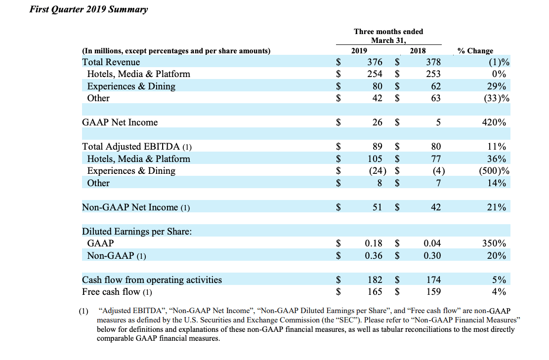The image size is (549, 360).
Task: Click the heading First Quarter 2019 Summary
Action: (x=88, y=9)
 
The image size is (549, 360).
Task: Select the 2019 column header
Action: (x=359, y=51)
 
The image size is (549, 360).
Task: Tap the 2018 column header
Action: (x=418, y=51)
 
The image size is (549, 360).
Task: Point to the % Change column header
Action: (x=475, y=51)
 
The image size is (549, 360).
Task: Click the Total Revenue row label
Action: (x=111, y=62)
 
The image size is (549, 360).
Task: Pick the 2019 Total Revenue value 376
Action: (x=375, y=62)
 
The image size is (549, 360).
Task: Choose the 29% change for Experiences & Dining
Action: (x=497, y=86)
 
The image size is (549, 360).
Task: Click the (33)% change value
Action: (x=497, y=98)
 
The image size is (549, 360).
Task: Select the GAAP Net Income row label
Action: (x=120, y=122)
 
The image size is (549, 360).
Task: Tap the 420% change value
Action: (x=494, y=122)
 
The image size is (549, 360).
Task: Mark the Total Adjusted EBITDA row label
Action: (x=137, y=146)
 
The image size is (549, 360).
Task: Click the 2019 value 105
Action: (x=375, y=159)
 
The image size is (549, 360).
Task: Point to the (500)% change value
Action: (x=494, y=171)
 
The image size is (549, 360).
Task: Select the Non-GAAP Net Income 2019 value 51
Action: (x=377, y=207)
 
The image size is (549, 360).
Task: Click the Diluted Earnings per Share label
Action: (x=137, y=231)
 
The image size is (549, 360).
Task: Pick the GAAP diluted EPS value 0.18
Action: (x=374, y=243)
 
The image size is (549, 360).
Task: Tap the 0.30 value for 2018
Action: (x=432, y=255)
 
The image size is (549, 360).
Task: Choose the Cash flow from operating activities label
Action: (x=152, y=280)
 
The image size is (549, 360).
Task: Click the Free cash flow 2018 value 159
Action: (x=433, y=291)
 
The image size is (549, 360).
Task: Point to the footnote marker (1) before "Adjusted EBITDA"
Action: (x=84, y=311)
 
